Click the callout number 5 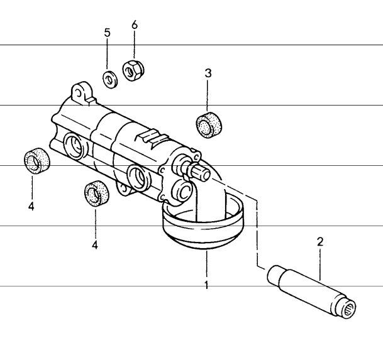click(107, 33)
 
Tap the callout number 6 click(134, 25)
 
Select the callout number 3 click(208, 73)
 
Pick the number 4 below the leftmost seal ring click(31, 205)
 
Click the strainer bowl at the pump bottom click(203, 230)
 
